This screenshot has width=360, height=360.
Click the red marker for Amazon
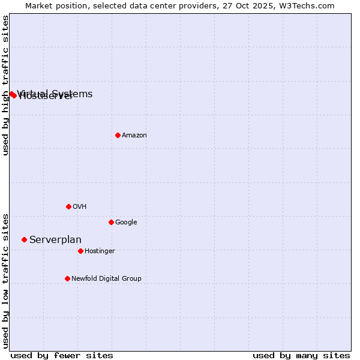[118, 135]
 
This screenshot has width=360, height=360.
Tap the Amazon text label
[134, 136]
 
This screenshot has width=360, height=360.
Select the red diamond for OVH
[68, 206]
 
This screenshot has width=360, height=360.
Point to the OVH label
[80, 207]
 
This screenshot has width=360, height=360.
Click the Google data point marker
[111, 222]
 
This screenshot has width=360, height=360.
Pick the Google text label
[126, 223]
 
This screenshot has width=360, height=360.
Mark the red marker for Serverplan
[24, 239]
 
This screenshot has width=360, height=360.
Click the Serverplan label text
[55, 240]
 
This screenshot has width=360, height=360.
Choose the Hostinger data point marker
[80, 251]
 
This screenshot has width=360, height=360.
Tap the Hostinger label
[100, 251]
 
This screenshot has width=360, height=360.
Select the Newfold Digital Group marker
[67, 278]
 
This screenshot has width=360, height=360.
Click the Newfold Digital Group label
[106, 279]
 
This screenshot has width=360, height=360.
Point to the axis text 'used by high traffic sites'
[6, 85]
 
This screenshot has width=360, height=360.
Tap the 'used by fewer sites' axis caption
[62, 356]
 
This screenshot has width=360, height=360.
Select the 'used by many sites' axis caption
[301, 356]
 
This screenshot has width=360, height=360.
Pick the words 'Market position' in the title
[52, 6]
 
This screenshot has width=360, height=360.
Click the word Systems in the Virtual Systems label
[72, 94]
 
